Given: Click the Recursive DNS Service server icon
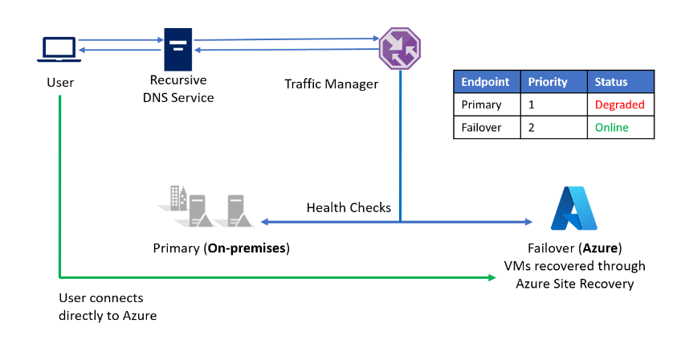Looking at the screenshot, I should click(178, 50).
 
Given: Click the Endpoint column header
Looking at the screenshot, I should click(486, 82).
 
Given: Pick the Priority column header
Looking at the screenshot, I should click(548, 82).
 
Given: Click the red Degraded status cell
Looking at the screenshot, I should click(619, 104).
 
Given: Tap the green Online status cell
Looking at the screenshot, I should click(612, 128).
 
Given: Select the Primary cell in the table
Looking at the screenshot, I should click(482, 104).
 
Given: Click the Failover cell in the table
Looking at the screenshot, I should click(483, 128).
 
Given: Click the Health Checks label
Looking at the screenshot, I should click(349, 207).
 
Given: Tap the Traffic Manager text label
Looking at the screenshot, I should click(331, 84).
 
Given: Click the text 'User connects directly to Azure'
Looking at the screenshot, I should click(108, 307).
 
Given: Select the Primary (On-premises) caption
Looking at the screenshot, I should click(221, 247).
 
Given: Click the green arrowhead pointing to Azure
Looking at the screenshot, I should click(491, 278).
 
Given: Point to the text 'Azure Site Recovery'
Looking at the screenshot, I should click(573, 284).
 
